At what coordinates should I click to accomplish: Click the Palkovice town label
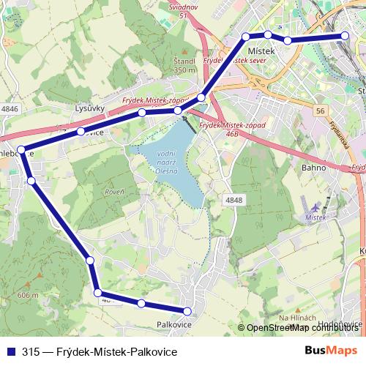pos(174,324)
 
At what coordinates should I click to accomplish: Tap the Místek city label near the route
pos(261,50)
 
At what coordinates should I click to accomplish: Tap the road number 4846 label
pos(10,108)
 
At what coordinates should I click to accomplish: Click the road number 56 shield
pos(320,111)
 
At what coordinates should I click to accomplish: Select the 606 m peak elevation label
pos(27,294)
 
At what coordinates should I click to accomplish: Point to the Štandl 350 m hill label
pos(185,65)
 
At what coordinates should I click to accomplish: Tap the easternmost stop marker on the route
pos(345,36)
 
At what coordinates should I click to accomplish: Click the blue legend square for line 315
pos(11,351)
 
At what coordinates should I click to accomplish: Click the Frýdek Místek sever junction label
pos(234,62)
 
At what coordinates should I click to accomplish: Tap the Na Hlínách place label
pos(296,317)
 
